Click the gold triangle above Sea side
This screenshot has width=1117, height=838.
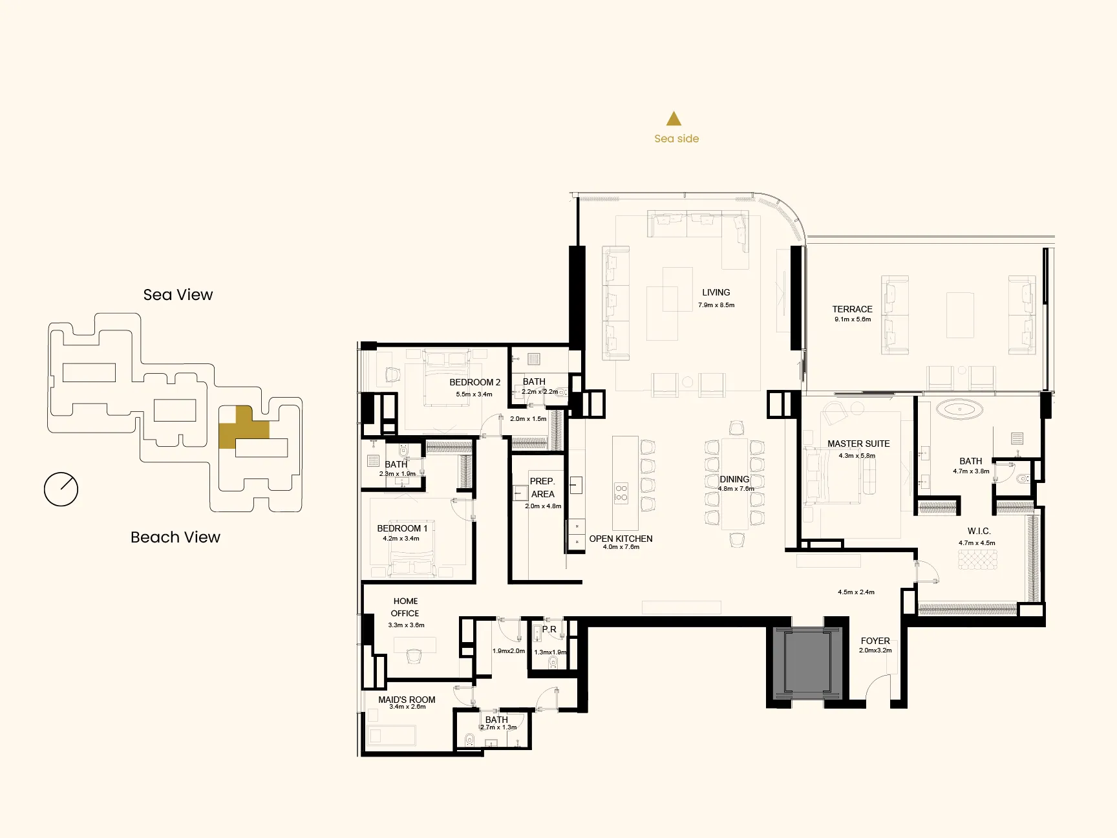click(674, 118)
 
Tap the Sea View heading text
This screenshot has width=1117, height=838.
click(178, 295)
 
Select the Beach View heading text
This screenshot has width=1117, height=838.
click(175, 537)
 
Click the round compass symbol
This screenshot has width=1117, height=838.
click(61, 489)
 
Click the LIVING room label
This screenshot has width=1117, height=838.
click(716, 292)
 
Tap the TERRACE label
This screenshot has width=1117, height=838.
click(852, 309)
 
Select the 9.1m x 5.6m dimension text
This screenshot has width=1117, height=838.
click(852, 319)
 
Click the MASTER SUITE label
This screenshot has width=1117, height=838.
click(858, 444)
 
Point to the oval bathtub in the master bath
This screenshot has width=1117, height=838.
click(959, 409)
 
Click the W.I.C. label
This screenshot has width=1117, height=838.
click(979, 531)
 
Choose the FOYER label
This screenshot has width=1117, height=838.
click(875, 641)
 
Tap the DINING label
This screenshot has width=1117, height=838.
click(734, 479)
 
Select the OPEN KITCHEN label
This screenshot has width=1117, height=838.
click(621, 539)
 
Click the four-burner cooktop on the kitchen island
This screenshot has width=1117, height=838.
click(621, 493)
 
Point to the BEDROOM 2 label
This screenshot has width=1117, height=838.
click(475, 382)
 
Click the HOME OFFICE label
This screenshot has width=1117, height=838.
click(405, 607)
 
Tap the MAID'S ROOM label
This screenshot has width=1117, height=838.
click(407, 700)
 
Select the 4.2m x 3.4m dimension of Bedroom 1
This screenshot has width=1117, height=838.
click(401, 539)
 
